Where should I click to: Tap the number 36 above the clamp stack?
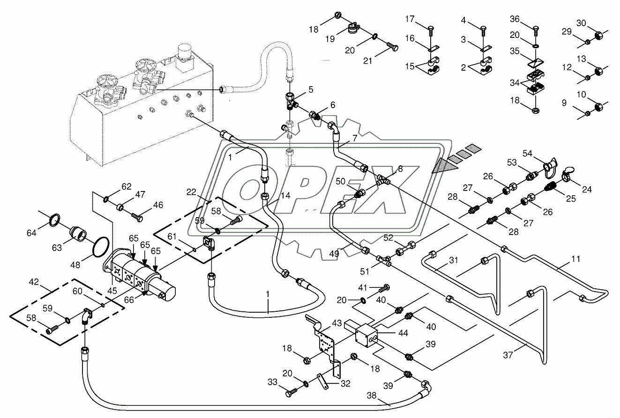point(515,19)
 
